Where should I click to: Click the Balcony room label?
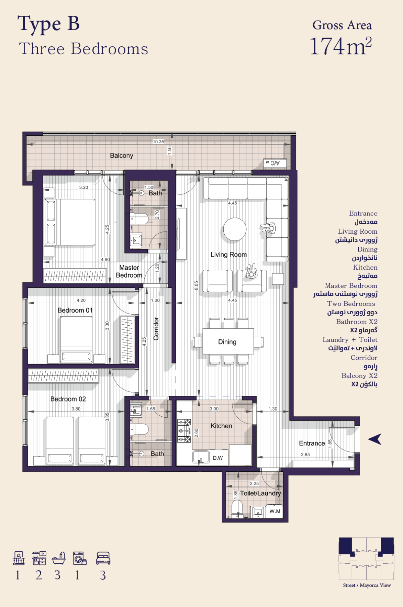click(122, 156)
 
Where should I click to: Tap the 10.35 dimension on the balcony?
click(159, 142)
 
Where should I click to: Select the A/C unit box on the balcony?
click(275, 163)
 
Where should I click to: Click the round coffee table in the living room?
click(235, 229)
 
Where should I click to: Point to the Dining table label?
click(227, 342)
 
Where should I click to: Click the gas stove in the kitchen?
click(184, 430)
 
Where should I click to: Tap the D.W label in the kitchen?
click(218, 458)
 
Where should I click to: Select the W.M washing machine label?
click(275, 511)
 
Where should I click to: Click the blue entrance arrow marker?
click(375, 439)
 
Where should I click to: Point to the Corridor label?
click(156, 329)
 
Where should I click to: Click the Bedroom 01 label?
click(75, 310)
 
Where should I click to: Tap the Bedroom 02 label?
click(68, 399)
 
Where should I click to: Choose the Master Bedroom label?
click(129, 271)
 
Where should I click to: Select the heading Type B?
click(49, 24)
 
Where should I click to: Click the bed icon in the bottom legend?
click(103, 558)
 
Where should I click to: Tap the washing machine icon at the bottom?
click(80, 558)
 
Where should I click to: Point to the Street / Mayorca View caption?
click(367, 585)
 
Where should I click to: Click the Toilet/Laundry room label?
click(260, 493)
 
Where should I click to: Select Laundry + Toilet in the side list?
click(350, 340)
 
